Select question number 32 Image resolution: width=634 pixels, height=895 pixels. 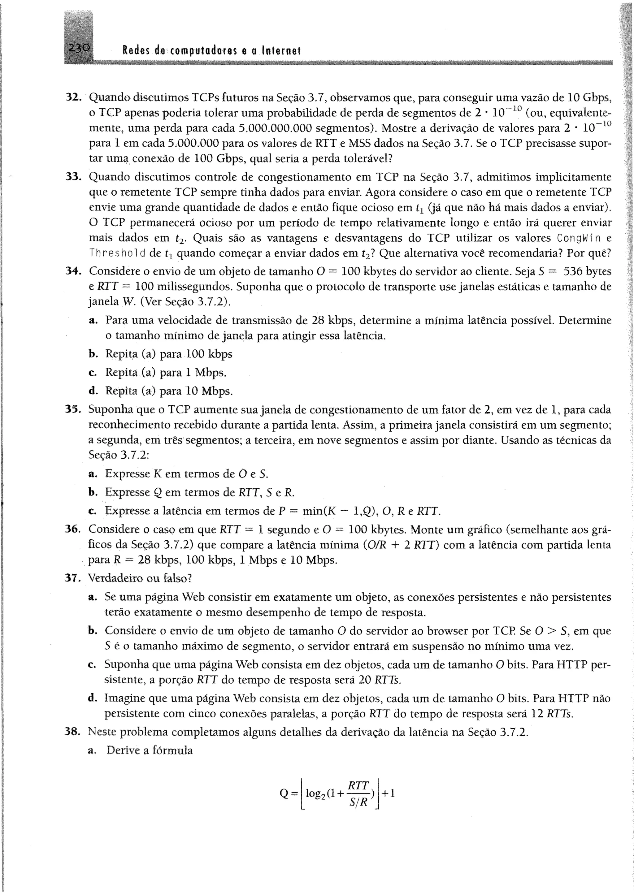pos(73,97)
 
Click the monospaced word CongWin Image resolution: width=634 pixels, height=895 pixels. pos(577,238)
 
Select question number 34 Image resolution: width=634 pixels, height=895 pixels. pos(73,271)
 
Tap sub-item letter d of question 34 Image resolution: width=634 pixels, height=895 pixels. pos(93,391)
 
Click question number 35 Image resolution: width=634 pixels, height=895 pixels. pos(73,409)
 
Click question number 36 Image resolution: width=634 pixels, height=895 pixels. pos(73,529)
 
